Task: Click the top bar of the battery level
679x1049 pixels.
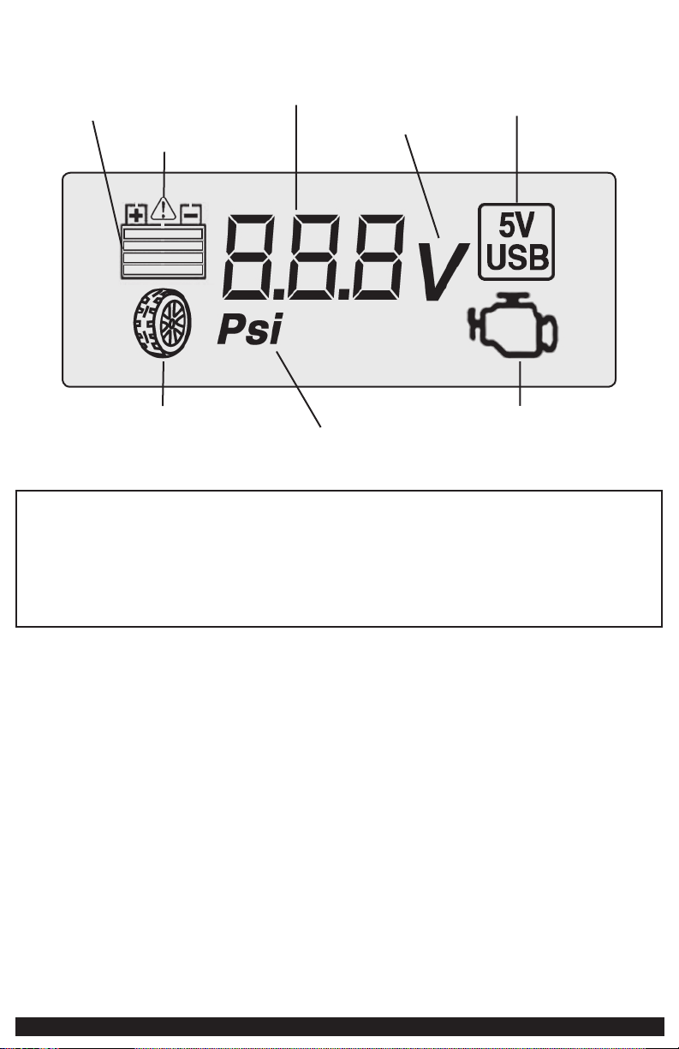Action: (x=164, y=233)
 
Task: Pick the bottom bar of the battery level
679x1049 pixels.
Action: (x=164, y=271)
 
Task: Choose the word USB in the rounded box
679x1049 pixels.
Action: (x=516, y=257)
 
